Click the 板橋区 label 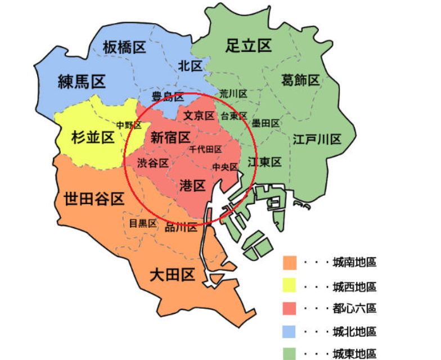(x=125, y=48)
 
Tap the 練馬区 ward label (x=82, y=83)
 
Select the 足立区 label (x=249, y=46)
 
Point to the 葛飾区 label (x=300, y=80)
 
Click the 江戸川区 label (x=317, y=139)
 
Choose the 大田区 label (x=172, y=275)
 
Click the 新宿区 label (x=170, y=137)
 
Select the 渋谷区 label (x=153, y=163)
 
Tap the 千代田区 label (x=206, y=149)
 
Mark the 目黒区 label (x=143, y=223)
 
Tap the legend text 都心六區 (x=354, y=309)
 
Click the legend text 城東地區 (x=354, y=354)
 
